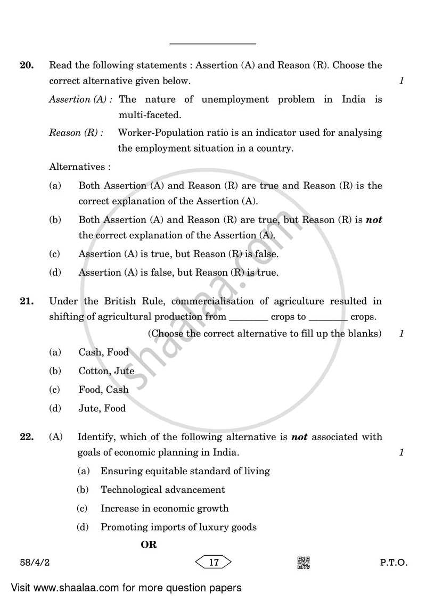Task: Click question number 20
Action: point(27,66)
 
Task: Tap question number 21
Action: point(27,301)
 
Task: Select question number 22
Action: point(27,437)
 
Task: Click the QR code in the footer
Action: point(304,563)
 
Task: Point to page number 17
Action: point(214,563)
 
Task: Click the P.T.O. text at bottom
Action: point(394,563)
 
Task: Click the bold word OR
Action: point(149,545)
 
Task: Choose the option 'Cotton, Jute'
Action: point(106,371)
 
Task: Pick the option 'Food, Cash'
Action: point(103,390)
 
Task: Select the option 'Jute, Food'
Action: point(102,409)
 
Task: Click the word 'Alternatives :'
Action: point(80,167)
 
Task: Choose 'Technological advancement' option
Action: point(162,490)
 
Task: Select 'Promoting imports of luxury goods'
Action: point(178,527)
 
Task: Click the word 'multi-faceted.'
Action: point(149,115)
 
